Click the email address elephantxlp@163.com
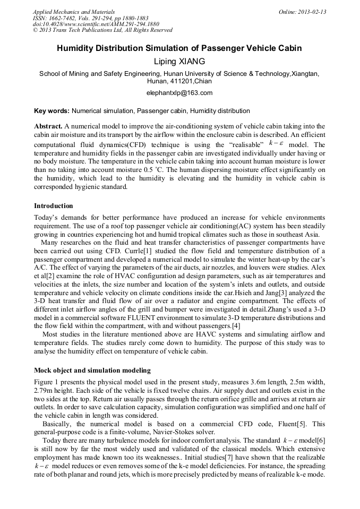tap(179, 93)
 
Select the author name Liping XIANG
tap(179, 62)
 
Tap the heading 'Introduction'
tap(54, 205)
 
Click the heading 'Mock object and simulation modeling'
tap(92, 370)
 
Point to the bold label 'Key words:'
tap(52, 111)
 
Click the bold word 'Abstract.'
tap(48, 126)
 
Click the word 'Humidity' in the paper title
tap(77, 48)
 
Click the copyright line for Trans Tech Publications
tap(102, 30)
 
